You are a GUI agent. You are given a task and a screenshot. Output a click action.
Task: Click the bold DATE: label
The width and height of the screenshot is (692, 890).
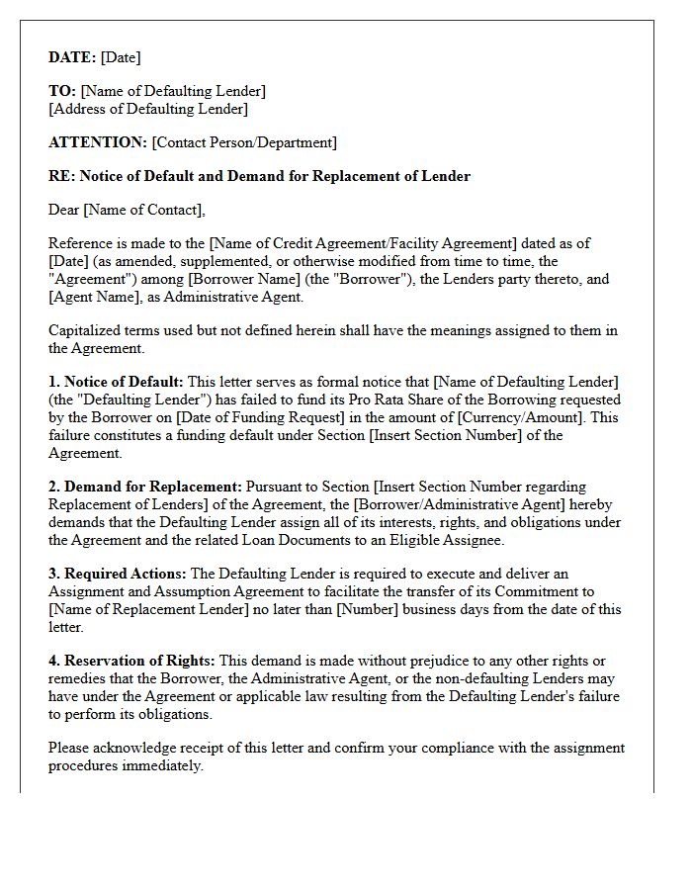click(72, 57)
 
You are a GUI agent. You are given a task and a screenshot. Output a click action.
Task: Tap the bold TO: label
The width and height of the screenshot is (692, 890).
click(62, 91)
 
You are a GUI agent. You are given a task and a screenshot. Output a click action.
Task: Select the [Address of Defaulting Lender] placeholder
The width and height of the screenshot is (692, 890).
click(148, 109)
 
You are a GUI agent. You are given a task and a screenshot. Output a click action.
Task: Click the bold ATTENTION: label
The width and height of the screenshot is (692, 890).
click(98, 142)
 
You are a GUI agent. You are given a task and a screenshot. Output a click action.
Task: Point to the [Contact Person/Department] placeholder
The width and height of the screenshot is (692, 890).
click(244, 142)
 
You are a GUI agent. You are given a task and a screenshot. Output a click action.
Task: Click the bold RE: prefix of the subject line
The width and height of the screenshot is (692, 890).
click(61, 176)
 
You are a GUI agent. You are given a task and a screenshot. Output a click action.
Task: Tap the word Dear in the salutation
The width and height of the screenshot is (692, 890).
click(64, 210)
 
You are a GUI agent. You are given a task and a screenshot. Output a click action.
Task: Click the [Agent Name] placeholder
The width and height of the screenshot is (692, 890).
click(91, 297)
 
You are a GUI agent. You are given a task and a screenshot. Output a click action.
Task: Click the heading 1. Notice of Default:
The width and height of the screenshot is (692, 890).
click(116, 382)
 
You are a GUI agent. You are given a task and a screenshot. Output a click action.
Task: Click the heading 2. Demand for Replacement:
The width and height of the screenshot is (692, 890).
click(145, 487)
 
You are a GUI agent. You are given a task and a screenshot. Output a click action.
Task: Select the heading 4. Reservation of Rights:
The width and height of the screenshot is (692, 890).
click(131, 661)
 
